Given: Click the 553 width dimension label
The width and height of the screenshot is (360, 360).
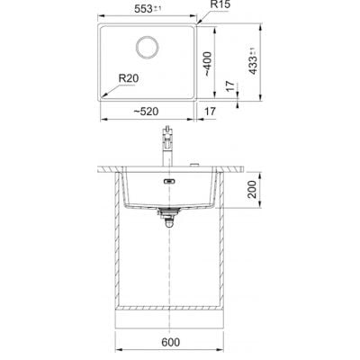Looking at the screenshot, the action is coord(148,9).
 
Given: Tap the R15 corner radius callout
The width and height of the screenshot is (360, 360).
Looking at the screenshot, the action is coord(220,4).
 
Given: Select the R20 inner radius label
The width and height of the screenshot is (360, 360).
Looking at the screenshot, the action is coord(129,78).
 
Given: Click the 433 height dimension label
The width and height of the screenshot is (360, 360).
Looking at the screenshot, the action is coord(253,61).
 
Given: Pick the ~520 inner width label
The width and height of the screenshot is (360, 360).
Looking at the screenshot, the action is coord(146,112).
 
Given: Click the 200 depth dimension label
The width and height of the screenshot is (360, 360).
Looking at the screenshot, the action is coord(253,189).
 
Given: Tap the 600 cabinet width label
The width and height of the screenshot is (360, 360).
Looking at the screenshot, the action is coord(170,342).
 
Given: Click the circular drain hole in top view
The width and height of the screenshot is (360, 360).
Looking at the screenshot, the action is coord(147,47).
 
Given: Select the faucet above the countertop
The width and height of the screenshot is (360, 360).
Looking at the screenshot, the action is coord(166,146).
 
